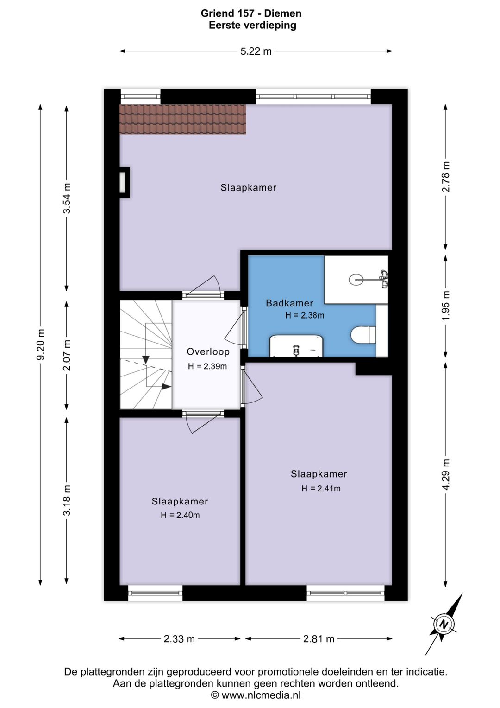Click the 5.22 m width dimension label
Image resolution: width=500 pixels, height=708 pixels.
256,51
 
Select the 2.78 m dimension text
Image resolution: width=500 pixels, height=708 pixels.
445,177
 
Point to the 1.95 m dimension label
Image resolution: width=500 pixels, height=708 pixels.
445,306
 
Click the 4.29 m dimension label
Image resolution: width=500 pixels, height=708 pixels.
445,474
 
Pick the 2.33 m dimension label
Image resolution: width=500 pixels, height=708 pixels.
179,639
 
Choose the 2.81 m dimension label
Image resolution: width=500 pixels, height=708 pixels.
319,639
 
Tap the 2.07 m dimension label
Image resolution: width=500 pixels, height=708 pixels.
67,355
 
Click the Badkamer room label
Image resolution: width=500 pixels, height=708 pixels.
289,303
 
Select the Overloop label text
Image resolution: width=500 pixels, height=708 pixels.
208,351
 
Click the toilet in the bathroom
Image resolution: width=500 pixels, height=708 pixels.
363,335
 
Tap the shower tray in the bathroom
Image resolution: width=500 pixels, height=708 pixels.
356,280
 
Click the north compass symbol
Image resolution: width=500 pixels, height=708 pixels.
444,625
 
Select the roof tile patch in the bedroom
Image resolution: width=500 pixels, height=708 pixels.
182,120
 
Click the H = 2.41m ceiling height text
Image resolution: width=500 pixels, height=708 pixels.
321,489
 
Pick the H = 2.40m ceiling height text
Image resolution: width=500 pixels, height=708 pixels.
180,515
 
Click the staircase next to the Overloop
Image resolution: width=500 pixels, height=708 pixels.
146,354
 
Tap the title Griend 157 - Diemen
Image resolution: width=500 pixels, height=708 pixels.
251,13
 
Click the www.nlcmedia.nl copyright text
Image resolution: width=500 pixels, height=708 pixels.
256,695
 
